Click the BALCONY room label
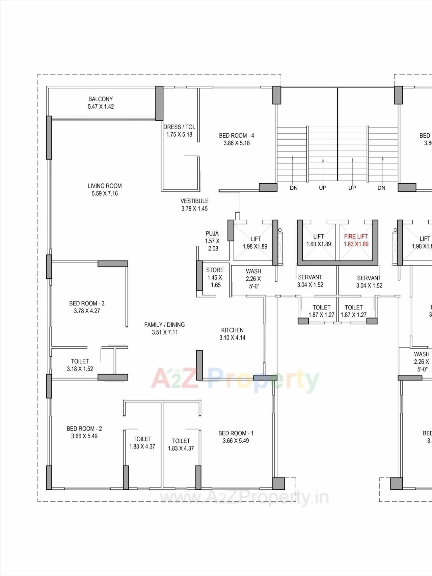[101, 99]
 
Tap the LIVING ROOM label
[105, 186]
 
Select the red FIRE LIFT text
[356, 237]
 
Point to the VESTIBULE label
[194, 201]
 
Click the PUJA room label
[212, 234]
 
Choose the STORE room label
[215, 270]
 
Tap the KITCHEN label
[232, 330]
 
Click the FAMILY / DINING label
[164, 325]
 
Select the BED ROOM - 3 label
[87, 303]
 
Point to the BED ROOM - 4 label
[237, 136]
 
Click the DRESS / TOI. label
[179, 127]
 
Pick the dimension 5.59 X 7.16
[105, 194]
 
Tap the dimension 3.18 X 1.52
[80, 369]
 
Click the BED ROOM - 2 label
[84, 429]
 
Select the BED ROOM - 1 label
[236, 433]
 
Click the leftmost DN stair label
[294, 188]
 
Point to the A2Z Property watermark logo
[235, 380]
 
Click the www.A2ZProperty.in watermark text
[244, 497]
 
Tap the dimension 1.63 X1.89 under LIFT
[319, 244]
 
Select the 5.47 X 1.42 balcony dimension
[101, 107]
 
